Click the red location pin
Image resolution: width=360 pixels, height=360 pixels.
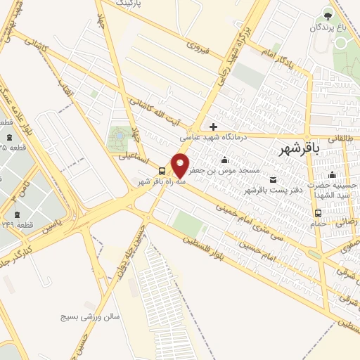(181, 165)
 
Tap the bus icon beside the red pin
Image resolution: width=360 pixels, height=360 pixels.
(163, 171)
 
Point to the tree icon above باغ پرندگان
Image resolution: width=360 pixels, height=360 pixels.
(328, 13)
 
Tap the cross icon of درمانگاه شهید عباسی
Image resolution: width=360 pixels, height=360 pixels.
(213, 127)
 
